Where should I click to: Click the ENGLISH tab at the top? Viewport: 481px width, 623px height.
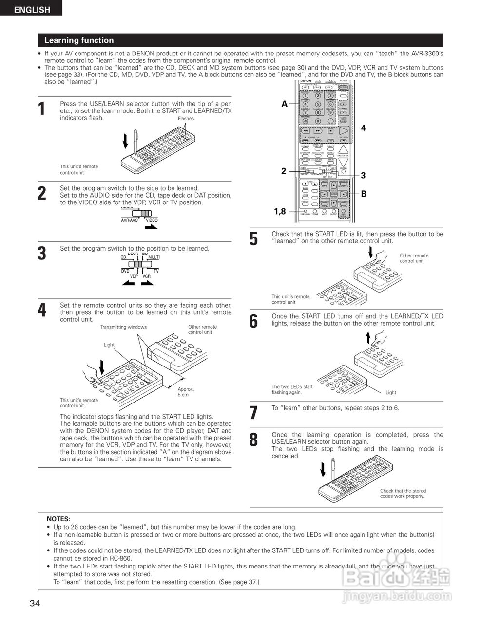[31, 9]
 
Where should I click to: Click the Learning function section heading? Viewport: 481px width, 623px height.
[79, 40]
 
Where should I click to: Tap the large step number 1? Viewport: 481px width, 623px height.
[42, 109]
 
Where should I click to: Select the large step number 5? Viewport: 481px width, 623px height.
[253, 239]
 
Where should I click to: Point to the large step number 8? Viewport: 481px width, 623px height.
[253, 440]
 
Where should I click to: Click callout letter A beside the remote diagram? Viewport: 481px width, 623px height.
[284, 104]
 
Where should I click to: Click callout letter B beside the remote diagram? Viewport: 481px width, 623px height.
[364, 194]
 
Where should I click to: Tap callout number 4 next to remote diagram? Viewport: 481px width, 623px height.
[363, 128]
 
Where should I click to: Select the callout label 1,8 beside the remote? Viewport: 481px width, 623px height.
[280, 211]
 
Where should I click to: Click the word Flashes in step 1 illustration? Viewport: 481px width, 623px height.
[186, 119]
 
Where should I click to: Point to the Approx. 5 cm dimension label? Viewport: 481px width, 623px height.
[186, 392]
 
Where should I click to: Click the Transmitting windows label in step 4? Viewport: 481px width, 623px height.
[123, 327]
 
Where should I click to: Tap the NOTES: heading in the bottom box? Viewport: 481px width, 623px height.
[58, 519]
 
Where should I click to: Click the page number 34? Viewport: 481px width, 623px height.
[35, 604]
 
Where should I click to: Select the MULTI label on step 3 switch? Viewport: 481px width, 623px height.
[154, 257]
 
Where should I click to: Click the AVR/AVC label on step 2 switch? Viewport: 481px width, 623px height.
[130, 220]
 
